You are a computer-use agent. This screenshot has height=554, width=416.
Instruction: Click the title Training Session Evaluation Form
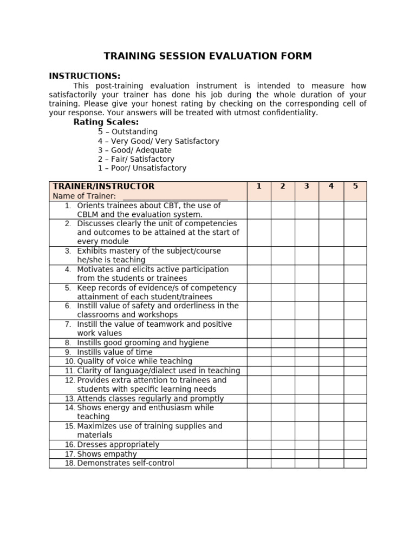[x=207, y=56]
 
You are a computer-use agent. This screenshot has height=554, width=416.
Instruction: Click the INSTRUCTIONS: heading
[x=84, y=76]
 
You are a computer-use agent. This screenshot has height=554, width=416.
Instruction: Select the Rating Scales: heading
[x=106, y=122]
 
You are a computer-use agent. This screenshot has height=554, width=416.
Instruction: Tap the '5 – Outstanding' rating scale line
[x=128, y=131]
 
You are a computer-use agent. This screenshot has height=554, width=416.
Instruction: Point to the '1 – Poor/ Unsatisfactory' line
[x=142, y=168]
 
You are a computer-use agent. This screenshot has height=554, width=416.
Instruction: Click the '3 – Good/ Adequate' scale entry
[x=134, y=150]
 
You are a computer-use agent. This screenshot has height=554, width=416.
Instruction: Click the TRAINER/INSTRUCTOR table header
[x=103, y=186]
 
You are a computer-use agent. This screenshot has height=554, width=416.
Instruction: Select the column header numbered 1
[x=259, y=186]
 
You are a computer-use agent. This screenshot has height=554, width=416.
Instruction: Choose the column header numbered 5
[x=355, y=186]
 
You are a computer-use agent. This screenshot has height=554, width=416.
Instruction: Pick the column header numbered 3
[x=307, y=186]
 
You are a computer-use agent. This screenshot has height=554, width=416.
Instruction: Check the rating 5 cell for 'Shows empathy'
[x=355, y=454]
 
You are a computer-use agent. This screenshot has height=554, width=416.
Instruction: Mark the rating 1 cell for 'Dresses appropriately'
[x=259, y=445]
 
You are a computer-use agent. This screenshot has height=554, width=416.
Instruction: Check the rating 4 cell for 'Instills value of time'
[x=331, y=352]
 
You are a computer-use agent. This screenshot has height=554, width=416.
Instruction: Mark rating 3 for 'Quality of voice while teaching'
[x=307, y=361]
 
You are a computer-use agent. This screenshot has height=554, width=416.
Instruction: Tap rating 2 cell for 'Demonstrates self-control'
[x=283, y=463]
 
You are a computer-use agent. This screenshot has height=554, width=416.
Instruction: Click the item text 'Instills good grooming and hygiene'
[x=142, y=343]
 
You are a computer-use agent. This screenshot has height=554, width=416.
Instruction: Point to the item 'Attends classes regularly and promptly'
[x=150, y=399]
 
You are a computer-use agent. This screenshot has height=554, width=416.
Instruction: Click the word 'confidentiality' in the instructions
[x=290, y=113]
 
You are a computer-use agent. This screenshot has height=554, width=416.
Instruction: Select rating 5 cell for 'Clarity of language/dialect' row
[x=355, y=371]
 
